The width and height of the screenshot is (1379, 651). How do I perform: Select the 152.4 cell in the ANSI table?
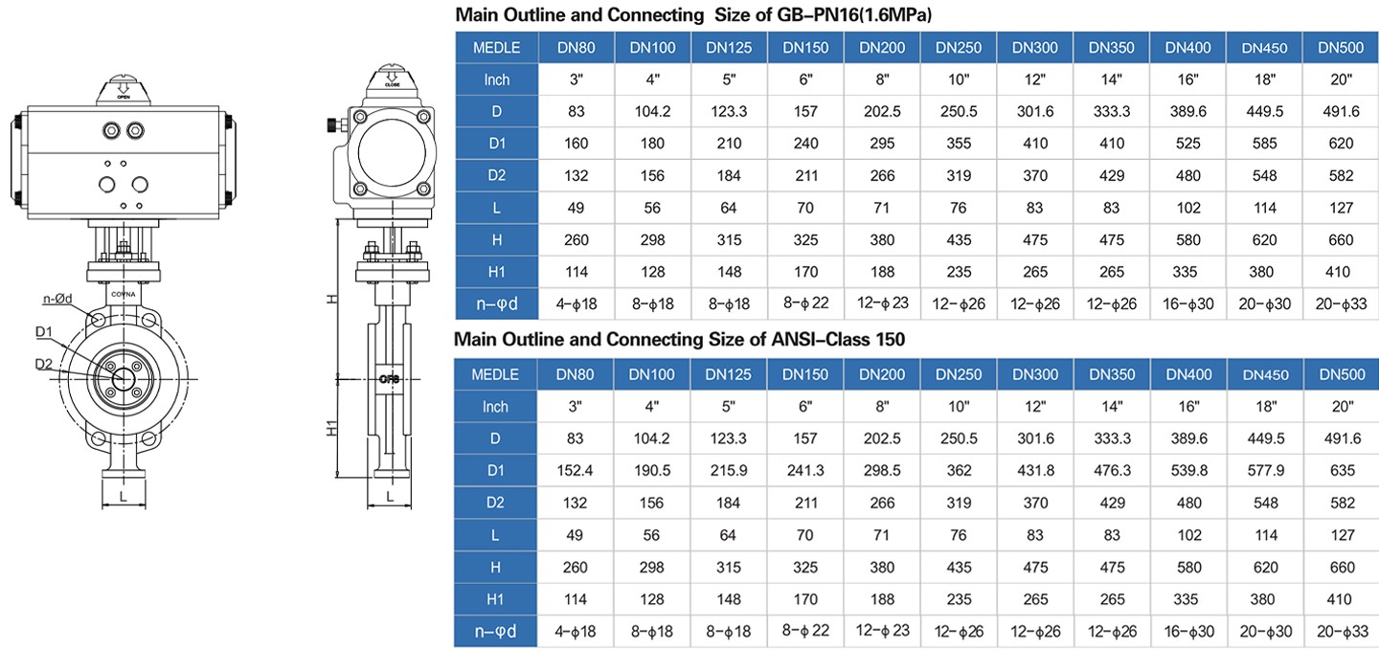(x=575, y=471)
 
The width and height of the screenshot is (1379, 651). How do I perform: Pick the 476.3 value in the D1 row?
(x=1112, y=471)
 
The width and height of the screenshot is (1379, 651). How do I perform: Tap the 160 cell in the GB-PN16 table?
(x=576, y=144)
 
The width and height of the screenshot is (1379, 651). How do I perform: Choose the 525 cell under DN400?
(x=1188, y=144)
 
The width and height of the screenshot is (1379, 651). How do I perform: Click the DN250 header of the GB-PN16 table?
(x=959, y=47)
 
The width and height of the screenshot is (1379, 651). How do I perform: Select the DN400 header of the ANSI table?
(x=1188, y=374)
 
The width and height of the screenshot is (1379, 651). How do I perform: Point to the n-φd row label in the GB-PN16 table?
(x=497, y=304)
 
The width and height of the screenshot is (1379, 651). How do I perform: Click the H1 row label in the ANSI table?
(x=496, y=599)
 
